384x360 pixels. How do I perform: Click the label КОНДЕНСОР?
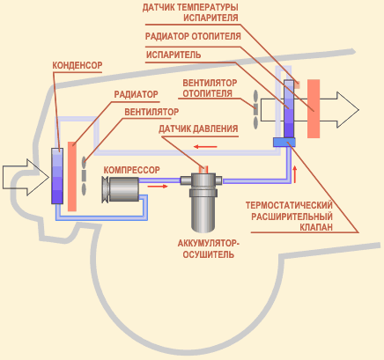78,65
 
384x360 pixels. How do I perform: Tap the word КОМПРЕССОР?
132,170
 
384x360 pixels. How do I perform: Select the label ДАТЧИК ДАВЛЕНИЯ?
198,129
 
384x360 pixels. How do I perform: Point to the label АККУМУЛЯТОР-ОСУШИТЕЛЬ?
208,248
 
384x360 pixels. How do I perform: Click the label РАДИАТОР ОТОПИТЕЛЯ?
193,36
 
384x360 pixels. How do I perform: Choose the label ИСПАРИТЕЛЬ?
174,55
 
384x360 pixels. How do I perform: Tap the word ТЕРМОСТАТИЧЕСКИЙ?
289,205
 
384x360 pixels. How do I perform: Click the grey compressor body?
121,189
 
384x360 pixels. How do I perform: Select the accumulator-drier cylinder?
203,202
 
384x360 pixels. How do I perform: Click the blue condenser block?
57,176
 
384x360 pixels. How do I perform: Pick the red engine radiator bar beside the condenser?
72,176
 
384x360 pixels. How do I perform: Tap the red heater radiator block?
314,108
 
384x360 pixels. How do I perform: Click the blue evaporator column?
289,109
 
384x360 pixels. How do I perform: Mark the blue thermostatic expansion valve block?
284,143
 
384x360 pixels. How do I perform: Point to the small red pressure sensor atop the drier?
203,170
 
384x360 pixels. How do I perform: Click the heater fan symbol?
255,109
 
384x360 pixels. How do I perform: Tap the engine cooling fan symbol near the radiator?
84,176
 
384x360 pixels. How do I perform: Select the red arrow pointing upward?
295,174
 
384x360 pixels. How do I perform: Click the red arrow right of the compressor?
158,186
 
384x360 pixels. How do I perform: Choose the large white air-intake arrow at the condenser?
26,177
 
